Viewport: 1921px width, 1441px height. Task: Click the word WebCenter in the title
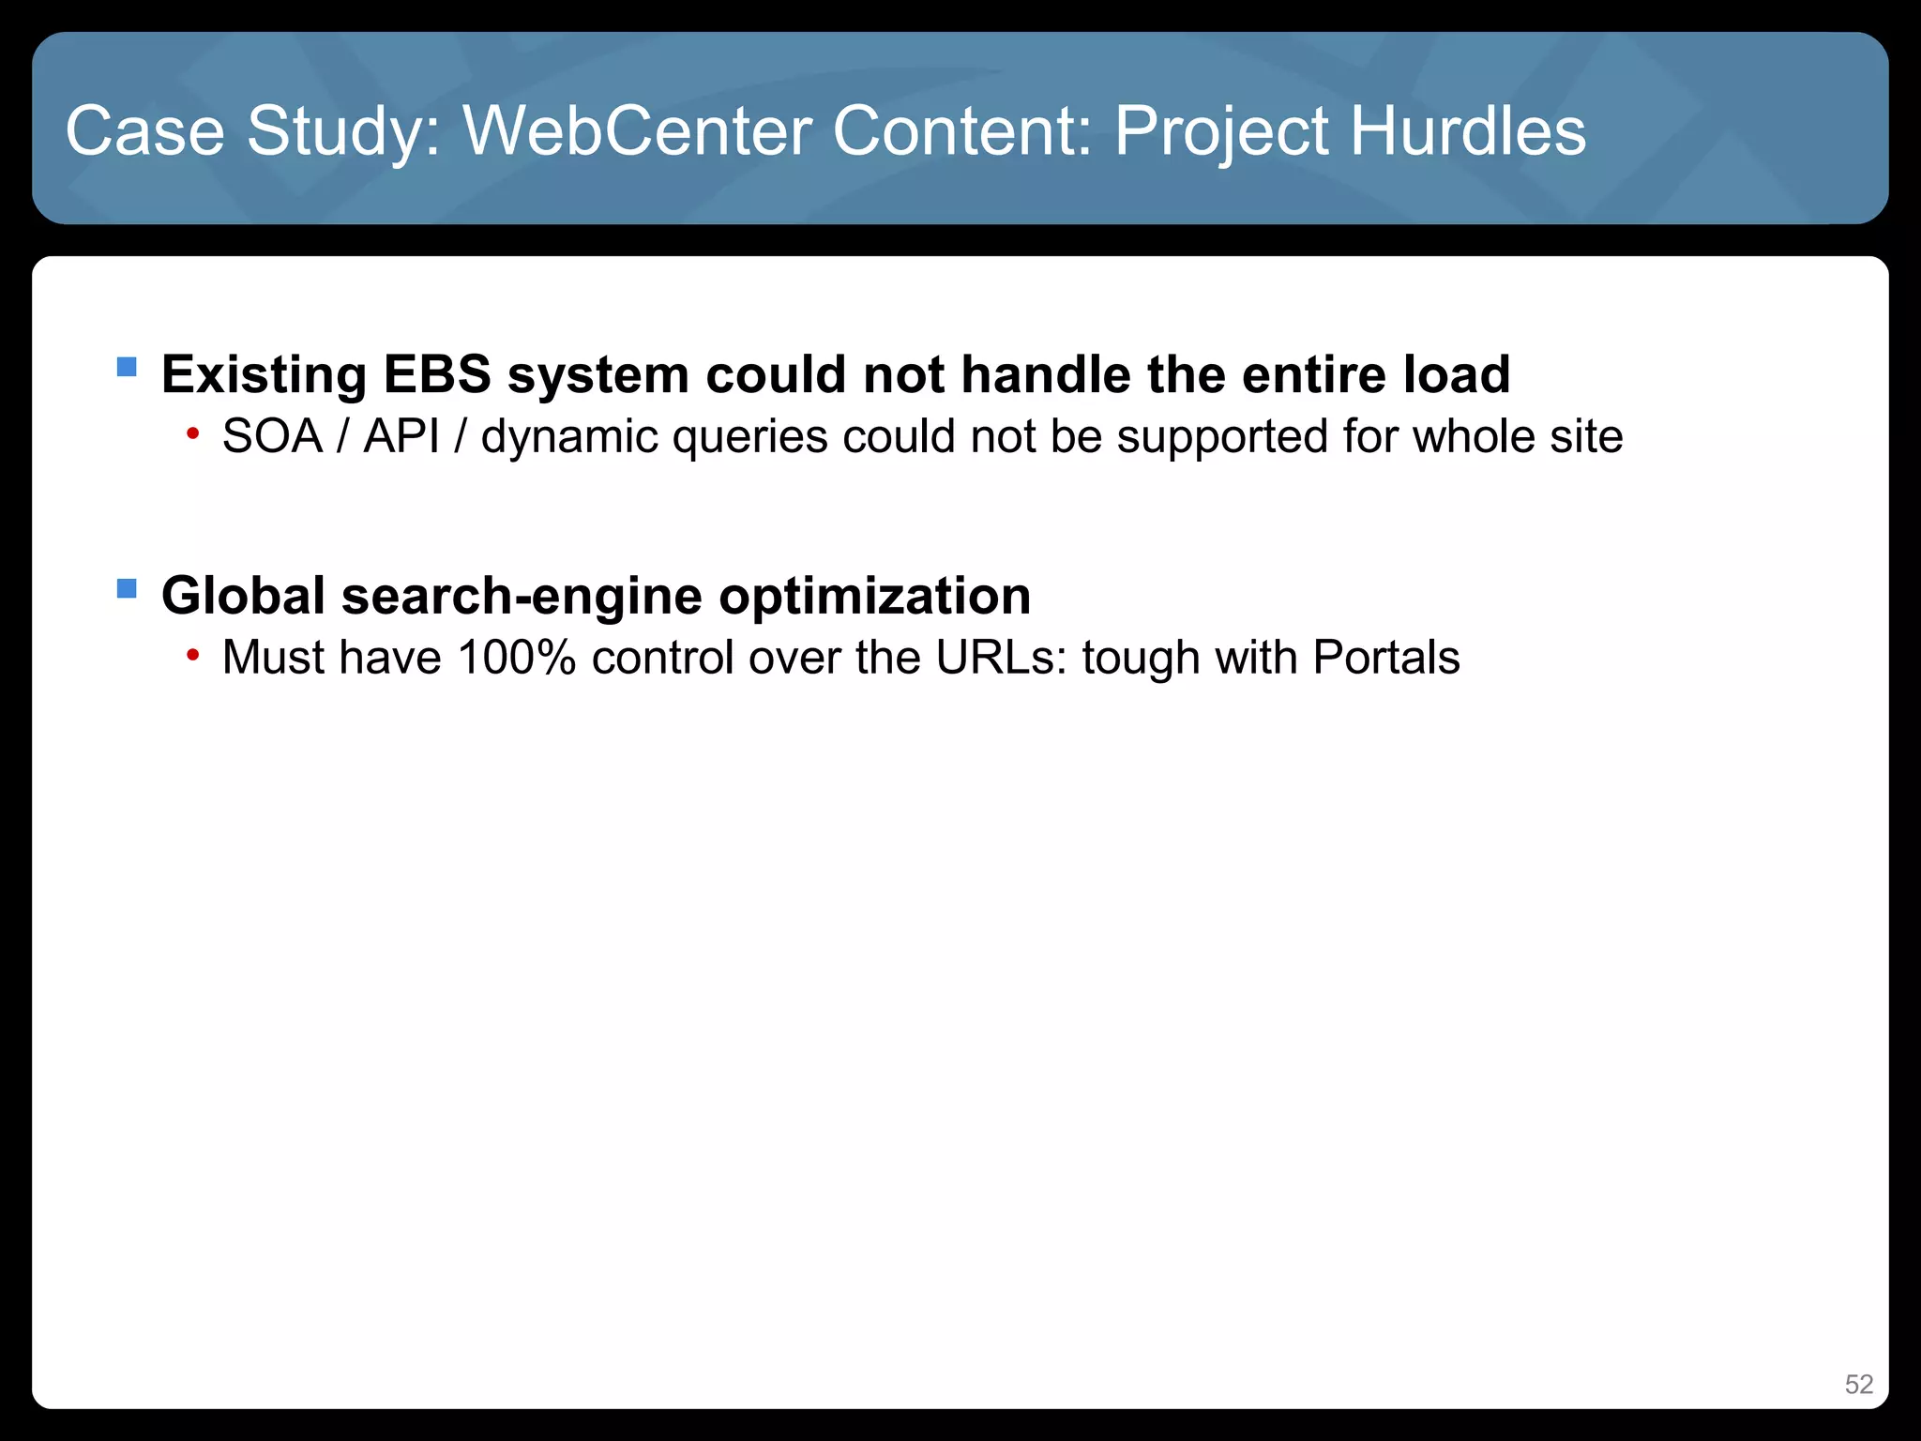coord(638,130)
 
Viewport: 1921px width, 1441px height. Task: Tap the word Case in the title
coord(145,130)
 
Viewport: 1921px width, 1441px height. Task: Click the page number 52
coord(1858,1385)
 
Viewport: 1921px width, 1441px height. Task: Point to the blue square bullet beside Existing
coord(127,366)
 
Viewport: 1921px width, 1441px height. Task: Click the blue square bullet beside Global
coord(127,588)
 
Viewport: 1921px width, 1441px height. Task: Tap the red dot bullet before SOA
coord(192,433)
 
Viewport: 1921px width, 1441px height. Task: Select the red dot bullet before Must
coord(192,655)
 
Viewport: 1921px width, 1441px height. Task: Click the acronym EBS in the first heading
coord(437,374)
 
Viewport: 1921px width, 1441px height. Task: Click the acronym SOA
coord(272,437)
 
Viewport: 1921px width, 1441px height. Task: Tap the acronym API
coord(401,437)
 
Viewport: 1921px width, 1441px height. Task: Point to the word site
coord(1586,437)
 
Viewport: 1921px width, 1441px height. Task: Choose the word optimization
coord(875,597)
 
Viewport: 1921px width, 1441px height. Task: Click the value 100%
coord(516,658)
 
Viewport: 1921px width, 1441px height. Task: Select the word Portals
coord(1386,658)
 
